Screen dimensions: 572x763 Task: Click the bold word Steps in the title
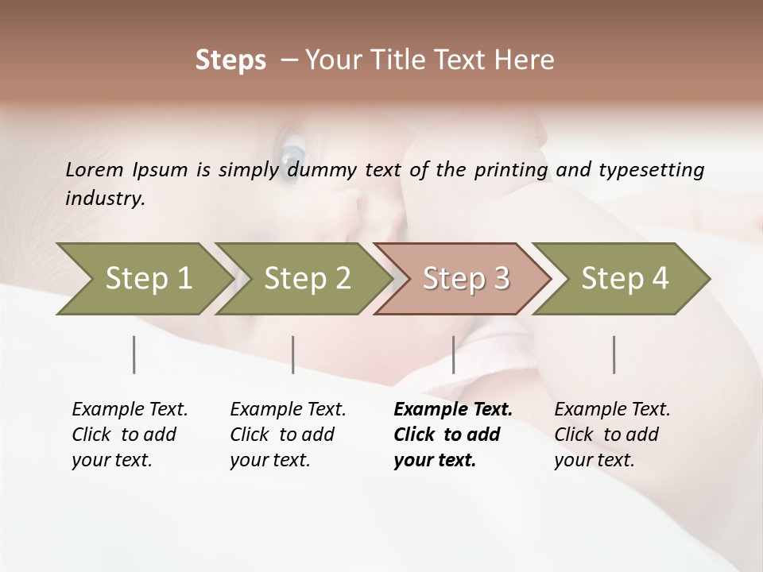(x=230, y=60)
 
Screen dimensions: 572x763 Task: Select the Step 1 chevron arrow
(x=143, y=278)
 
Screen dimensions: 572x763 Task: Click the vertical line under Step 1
(x=134, y=354)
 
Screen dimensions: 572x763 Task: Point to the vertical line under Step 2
(x=293, y=354)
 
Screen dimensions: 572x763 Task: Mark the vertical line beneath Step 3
(x=453, y=354)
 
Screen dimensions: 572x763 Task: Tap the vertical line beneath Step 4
(x=614, y=354)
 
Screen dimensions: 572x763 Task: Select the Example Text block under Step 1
(x=129, y=435)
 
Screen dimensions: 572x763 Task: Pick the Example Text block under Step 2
(x=287, y=435)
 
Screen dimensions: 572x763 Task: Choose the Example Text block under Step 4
(x=611, y=435)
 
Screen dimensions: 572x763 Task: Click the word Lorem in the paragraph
(x=95, y=169)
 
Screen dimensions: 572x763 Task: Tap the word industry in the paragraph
(x=105, y=198)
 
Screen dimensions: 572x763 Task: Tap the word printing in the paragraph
(x=512, y=170)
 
